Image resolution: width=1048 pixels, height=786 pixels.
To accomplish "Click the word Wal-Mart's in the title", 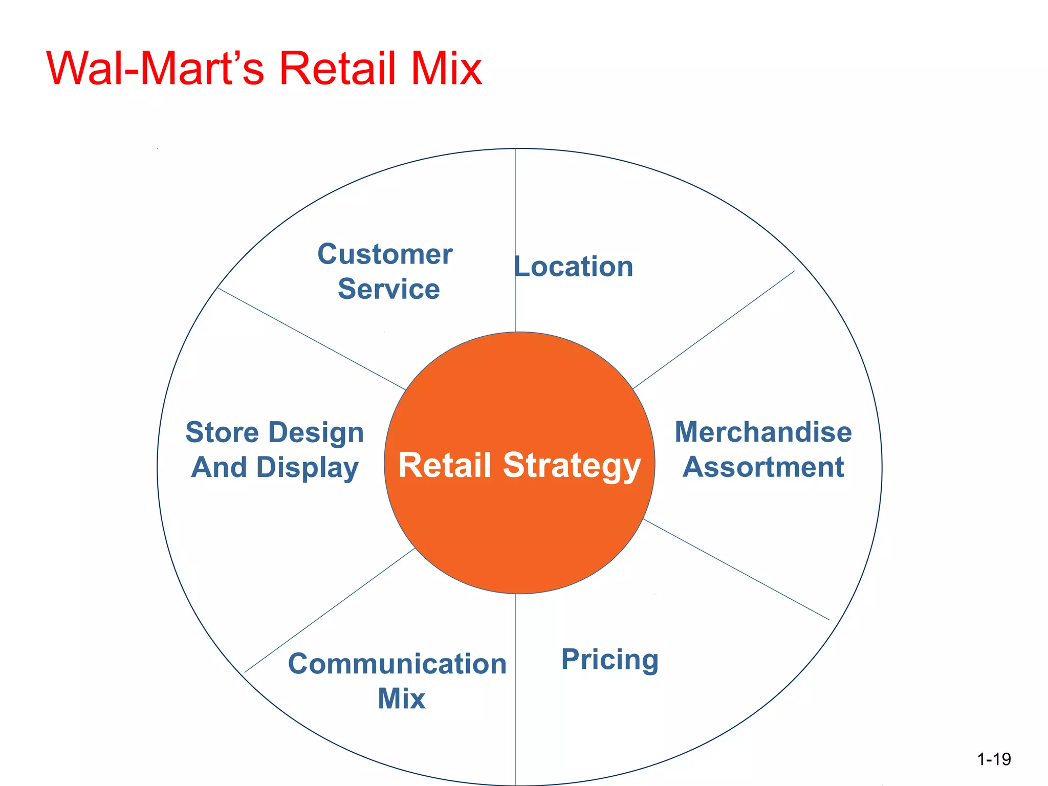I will (155, 69).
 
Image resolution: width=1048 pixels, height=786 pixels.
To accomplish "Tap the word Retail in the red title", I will (338, 69).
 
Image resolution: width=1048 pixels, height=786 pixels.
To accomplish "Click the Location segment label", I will (574, 267).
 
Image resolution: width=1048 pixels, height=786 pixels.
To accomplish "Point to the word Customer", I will (385, 254).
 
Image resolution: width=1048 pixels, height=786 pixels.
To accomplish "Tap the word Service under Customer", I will (389, 289).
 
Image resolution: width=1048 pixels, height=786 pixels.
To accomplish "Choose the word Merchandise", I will (763, 432).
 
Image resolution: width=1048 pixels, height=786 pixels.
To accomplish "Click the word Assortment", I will (763, 467).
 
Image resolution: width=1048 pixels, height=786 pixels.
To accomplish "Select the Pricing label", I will (609, 659).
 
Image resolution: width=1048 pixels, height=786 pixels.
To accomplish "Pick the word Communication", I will (397, 664).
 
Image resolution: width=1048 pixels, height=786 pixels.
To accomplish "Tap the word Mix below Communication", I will (401, 698).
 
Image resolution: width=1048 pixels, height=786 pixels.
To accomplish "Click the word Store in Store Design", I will (222, 432).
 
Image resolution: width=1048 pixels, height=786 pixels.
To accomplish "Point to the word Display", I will (307, 468).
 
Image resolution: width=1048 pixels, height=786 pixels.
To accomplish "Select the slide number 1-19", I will (994, 759).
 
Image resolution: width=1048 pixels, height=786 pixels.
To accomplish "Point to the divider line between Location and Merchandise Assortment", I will (714, 330).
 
